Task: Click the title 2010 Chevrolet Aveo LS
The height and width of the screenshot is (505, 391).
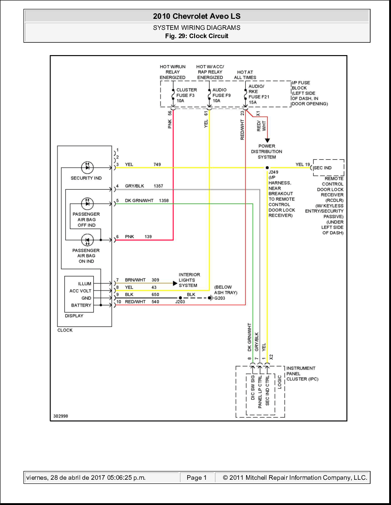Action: click(196, 17)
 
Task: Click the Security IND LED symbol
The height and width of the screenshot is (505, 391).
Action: click(87, 168)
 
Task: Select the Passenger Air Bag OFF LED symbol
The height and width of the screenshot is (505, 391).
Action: click(87, 203)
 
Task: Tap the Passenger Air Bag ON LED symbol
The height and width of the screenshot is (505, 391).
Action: click(87, 240)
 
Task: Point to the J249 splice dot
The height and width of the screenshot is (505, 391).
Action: click(267, 168)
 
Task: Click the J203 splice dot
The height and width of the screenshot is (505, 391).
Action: click(180, 298)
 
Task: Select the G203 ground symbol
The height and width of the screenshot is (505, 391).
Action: click(210, 298)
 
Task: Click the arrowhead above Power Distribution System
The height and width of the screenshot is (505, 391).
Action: click(267, 140)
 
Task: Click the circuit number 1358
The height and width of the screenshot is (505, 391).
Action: click(164, 201)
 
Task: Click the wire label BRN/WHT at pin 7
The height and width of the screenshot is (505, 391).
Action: click(135, 280)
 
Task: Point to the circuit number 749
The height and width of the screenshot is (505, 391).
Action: click(158, 164)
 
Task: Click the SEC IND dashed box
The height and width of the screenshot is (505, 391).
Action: click(328, 168)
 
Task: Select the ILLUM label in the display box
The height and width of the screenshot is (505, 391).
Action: click(85, 284)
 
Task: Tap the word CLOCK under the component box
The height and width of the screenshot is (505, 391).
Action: click(65, 330)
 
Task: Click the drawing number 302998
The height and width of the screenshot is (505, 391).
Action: click(60, 416)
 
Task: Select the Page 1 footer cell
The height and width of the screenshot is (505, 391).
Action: click(196, 477)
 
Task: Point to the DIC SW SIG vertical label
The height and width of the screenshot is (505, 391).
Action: click(253, 388)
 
